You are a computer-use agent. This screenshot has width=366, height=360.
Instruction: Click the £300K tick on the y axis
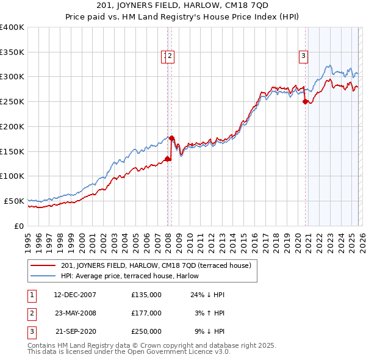pyautogui.click(x=12, y=77)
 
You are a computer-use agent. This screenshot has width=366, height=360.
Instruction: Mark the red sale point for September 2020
pyautogui.click(x=305, y=102)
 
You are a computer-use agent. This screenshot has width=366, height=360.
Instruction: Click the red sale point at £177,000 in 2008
pyautogui.click(x=171, y=138)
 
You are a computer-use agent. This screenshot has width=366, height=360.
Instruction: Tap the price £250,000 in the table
pyautogui.click(x=146, y=331)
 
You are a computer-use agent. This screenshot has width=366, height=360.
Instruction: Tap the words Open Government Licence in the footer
pyautogui.click(x=172, y=352)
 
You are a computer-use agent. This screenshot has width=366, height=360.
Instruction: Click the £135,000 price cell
pyautogui.click(x=146, y=295)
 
